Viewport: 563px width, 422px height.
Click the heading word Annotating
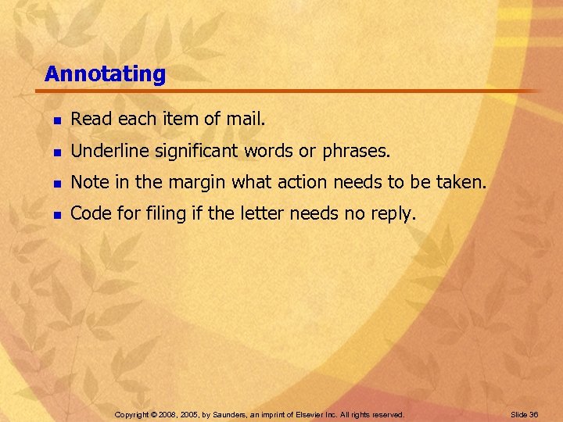pyautogui.click(x=106, y=74)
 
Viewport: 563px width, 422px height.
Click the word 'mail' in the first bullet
pyautogui.click(x=246, y=120)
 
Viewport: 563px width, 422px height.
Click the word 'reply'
pyautogui.click(x=393, y=214)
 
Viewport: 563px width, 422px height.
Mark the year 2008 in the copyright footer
pyautogui.click(x=167, y=413)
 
